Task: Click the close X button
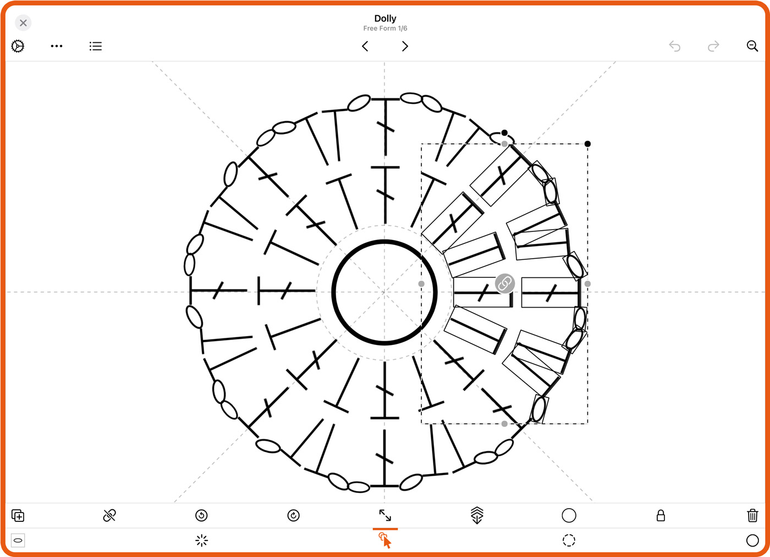[x=23, y=23]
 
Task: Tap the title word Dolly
[x=385, y=18]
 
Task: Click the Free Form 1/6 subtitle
[x=385, y=29]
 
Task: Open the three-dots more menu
[x=56, y=46]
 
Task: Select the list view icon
[x=96, y=46]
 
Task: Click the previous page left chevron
[x=365, y=46]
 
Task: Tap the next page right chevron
[x=405, y=46]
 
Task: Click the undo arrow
[x=674, y=46]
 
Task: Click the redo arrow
[x=713, y=46]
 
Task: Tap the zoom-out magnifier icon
[x=752, y=46]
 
